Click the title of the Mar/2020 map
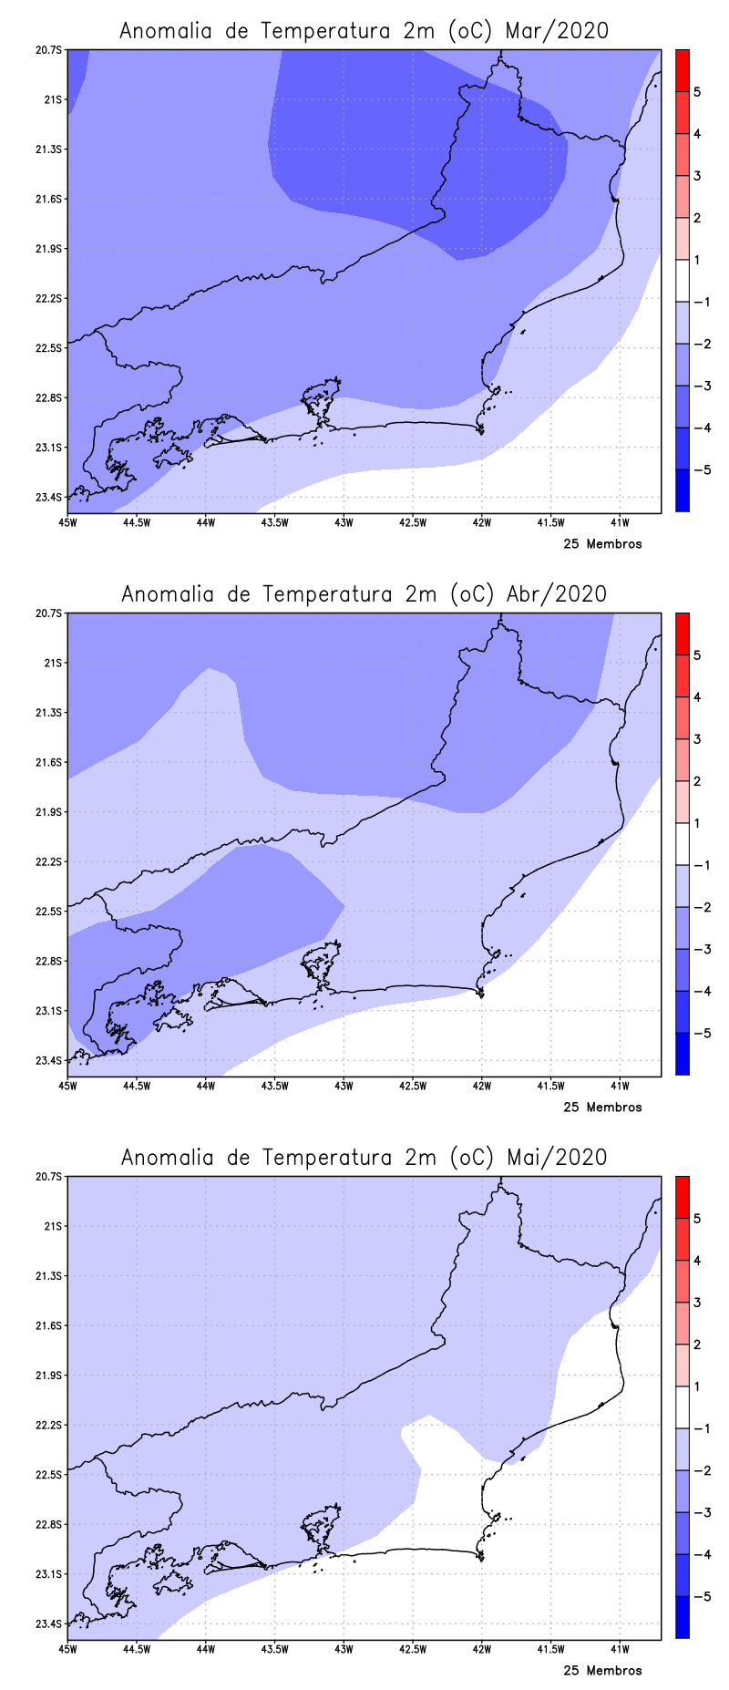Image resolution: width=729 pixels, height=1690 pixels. (364, 31)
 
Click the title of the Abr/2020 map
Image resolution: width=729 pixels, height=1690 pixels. (364, 594)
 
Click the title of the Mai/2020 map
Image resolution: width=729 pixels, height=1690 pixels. (364, 1158)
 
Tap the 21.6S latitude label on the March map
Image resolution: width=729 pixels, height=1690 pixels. (51, 199)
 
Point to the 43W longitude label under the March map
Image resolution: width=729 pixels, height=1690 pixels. (344, 522)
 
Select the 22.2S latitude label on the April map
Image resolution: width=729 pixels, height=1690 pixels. (51, 861)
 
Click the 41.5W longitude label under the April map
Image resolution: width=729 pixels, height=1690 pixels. (550, 1086)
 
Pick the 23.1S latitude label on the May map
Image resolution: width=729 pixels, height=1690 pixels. (51, 1573)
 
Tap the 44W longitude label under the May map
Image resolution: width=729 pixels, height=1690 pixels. (205, 1649)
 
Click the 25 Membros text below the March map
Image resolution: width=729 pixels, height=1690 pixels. (602, 544)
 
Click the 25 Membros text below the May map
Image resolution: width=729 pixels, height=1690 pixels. (602, 1671)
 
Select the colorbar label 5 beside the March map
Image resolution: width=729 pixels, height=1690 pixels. (697, 92)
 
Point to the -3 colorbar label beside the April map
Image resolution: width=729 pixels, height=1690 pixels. (701, 949)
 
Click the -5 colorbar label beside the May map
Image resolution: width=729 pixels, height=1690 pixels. (701, 1596)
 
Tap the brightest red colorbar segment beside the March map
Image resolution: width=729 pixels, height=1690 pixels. (682, 70)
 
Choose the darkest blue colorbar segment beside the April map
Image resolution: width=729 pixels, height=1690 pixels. (682, 1054)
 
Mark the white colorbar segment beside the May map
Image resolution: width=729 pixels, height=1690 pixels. (682, 1407)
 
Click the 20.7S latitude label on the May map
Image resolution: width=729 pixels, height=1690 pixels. (51, 1176)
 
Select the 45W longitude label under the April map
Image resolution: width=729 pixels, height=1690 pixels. (67, 1086)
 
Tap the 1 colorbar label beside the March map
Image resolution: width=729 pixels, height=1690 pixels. (697, 260)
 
